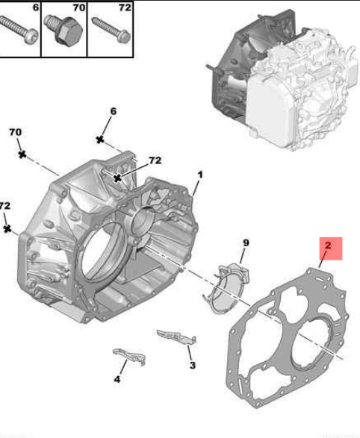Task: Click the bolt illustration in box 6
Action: coord(19,30)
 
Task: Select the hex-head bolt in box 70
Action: coord(63,28)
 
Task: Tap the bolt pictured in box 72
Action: coord(111,30)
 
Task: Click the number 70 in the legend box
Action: coord(79,7)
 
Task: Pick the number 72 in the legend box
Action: coord(125,7)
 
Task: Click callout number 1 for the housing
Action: coord(200,175)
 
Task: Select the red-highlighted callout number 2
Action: coord(328,245)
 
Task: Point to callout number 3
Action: coord(193,365)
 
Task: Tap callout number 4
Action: coord(117,379)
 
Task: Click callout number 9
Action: coord(246,243)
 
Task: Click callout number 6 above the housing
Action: coord(113,111)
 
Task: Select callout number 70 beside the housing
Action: coord(15,132)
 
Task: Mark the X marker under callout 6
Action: coord(100,140)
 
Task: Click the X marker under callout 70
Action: coord(22,154)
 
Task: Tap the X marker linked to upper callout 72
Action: coord(118,178)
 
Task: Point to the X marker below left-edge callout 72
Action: coord(7,229)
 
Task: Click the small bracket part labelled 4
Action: coord(130,356)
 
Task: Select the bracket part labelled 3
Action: coord(177,337)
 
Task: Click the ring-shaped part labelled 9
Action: coord(227,288)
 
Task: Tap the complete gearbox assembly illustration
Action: coord(282,81)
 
